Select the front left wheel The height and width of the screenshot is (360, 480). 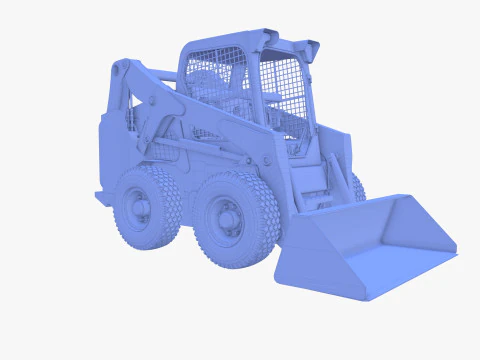(x=236, y=220)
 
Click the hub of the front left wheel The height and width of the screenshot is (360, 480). (x=227, y=218)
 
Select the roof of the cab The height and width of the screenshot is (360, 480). (x=225, y=41)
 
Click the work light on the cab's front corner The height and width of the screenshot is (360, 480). (x=311, y=49)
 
